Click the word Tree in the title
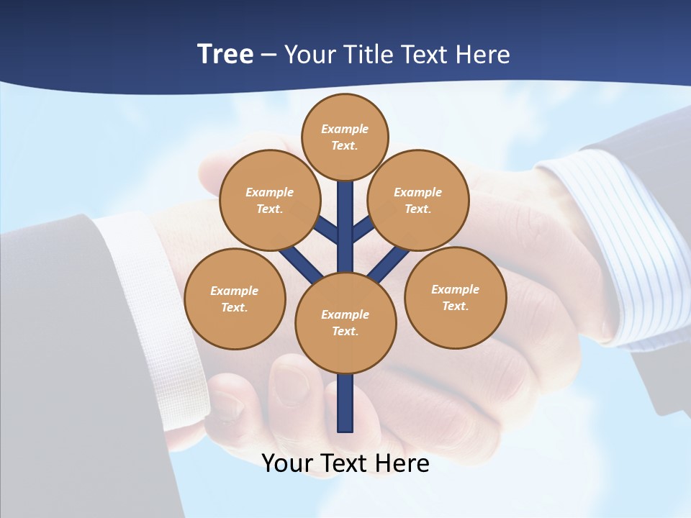tap(225, 54)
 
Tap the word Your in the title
tap(311, 55)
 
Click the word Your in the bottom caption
tap(287, 463)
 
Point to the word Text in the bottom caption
tap(345, 463)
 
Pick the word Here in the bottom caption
tap(403, 463)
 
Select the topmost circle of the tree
tap(345, 137)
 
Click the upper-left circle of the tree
tap(269, 200)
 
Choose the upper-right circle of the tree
tap(418, 200)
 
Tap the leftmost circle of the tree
tap(235, 299)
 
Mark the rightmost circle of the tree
tap(456, 297)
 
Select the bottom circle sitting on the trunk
tap(345, 323)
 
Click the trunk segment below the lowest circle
tap(345, 403)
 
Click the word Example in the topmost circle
tap(345, 129)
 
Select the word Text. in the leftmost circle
tap(234, 307)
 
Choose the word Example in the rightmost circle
tap(455, 289)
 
